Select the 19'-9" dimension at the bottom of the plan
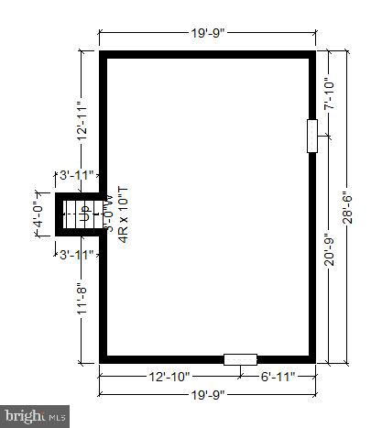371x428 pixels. point(207,396)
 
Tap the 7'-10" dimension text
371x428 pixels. point(330,94)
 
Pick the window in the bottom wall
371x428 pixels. point(240,359)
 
